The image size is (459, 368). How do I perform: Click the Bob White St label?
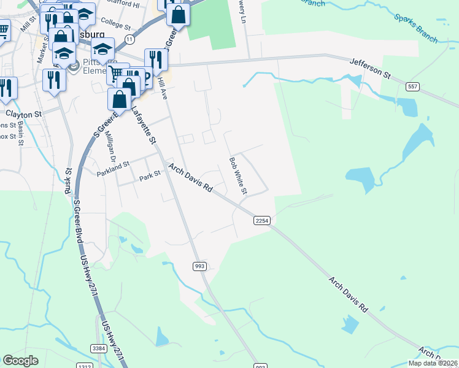(237, 176)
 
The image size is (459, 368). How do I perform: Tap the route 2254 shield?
(262, 220)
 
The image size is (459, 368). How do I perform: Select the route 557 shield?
(412, 87)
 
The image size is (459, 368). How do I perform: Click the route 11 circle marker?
(129, 39)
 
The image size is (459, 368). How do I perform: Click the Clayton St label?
(23, 114)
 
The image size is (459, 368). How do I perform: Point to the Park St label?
(149, 175)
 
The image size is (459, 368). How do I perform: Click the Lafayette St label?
(142, 125)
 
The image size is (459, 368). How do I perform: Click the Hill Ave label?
(162, 89)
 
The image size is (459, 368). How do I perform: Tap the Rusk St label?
(69, 178)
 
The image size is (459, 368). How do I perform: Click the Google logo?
(20, 361)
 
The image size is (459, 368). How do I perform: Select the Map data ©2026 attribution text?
(433, 363)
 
